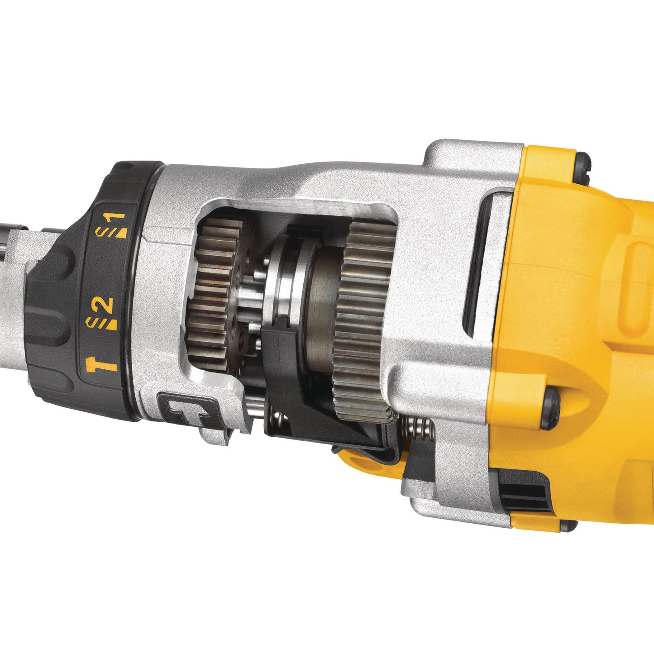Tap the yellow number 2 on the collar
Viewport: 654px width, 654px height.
[x=106, y=306]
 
